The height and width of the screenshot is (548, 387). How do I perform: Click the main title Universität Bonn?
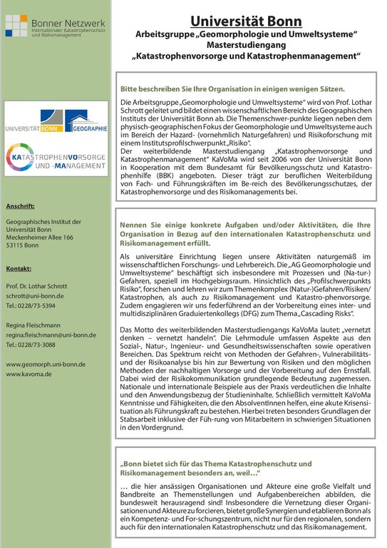click(246, 21)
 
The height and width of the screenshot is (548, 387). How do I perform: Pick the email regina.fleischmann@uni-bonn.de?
click(54, 334)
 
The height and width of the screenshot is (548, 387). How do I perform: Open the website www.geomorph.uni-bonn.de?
click(46, 364)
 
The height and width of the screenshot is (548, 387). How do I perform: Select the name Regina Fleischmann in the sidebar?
click(35, 323)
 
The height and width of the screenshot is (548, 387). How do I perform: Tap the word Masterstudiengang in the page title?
click(247, 44)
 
